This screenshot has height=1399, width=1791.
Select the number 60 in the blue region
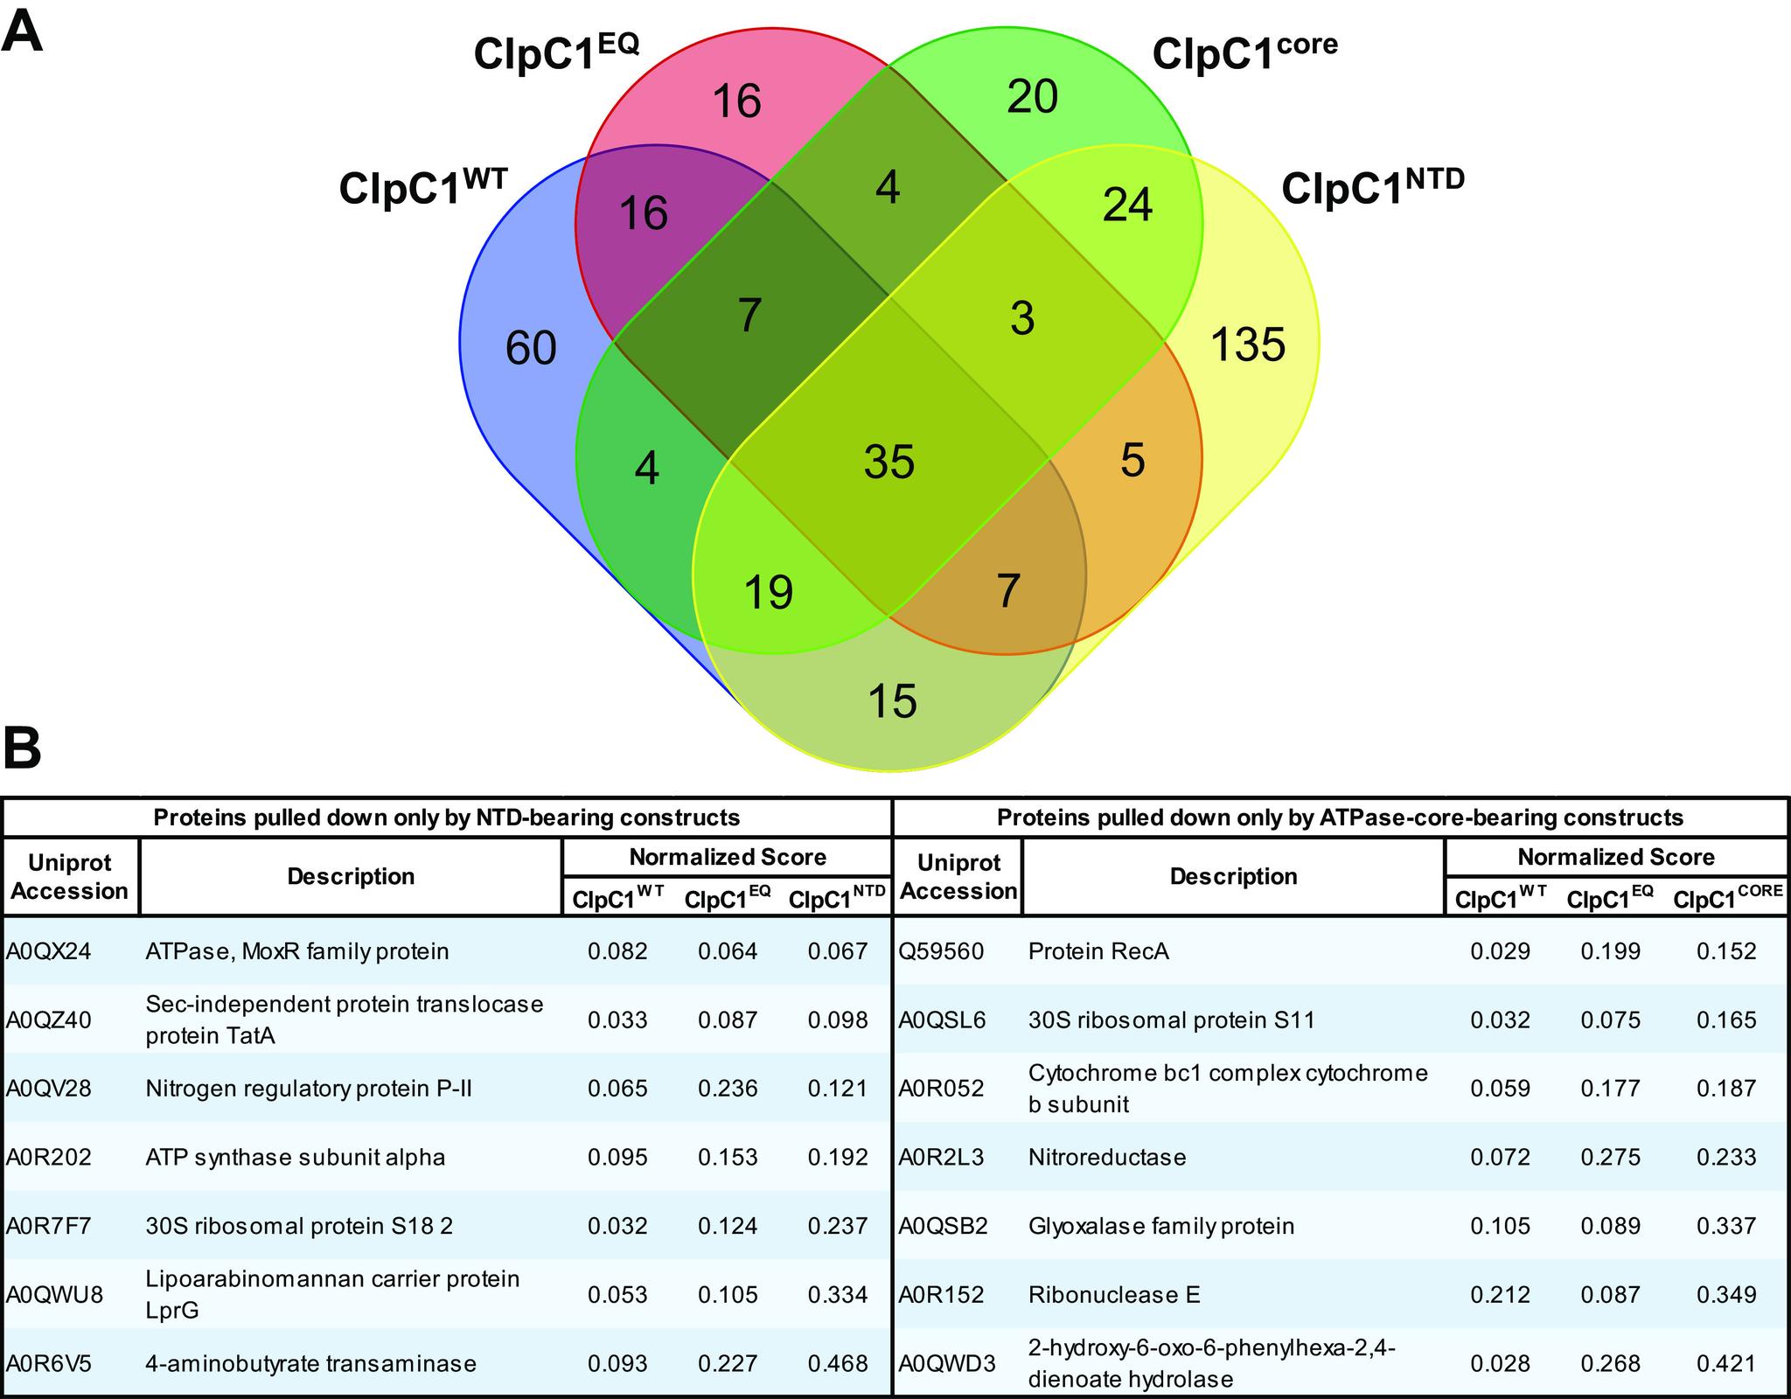pyautogui.click(x=531, y=349)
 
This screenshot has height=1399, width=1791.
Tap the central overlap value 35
pyautogui.click(x=889, y=461)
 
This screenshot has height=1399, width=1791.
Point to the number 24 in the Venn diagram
pyautogui.click(x=1127, y=205)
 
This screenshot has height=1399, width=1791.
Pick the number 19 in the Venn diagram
pyautogui.click(x=769, y=591)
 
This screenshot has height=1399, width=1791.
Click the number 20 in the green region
pyautogui.click(x=1032, y=96)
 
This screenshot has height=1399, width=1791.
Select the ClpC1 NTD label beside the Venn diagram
pyautogui.click(x=1372, y=186)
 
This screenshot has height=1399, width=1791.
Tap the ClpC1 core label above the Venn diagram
pyautogui.click(x=1244, y=52)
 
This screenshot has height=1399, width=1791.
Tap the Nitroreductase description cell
pyautogui.click(x=1107, y=1157)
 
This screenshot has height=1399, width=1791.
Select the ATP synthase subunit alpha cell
pyautogui.click(x=296, y=1157)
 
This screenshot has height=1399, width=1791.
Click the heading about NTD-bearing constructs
pyautogui.click(x=447, y=818)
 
